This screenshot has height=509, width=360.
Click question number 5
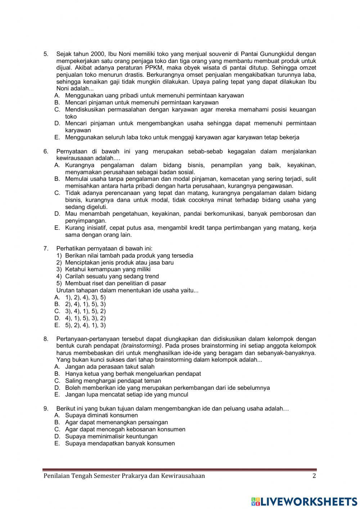point(46,54)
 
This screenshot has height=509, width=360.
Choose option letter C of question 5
point(57,110)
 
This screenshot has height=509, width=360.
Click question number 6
point(46,151)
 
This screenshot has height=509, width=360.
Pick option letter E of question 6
point(57,228)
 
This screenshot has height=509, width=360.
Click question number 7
point(46,249)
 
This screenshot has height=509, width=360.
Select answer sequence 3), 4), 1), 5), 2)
point(85,311)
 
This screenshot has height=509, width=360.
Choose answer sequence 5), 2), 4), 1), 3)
point(85,325)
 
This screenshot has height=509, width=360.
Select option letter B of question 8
point(57,374)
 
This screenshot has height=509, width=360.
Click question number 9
point(46,408)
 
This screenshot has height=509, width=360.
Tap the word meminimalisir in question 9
point(104,437)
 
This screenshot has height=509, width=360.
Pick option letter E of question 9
point(57,443)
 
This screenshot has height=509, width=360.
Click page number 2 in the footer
point(314,476)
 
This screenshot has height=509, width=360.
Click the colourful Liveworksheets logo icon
point(255,501)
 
